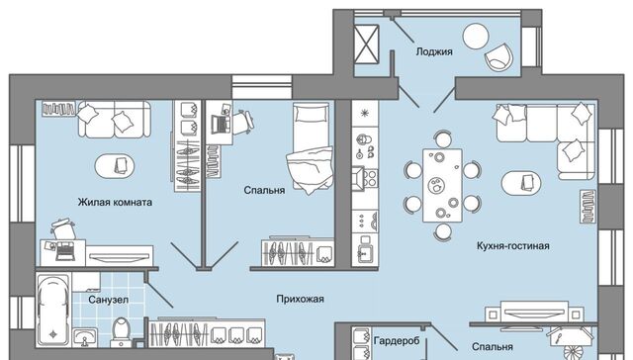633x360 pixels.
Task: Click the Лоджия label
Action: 434,51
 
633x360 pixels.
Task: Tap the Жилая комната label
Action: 115,202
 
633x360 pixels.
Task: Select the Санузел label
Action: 108,300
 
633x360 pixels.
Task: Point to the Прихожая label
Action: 300,299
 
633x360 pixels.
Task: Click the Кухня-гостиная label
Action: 512,246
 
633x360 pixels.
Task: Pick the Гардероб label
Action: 397,341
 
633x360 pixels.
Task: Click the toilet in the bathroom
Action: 121,332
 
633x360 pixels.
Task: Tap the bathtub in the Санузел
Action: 52,310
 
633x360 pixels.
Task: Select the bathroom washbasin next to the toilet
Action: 84,337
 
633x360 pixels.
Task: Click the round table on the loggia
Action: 476,37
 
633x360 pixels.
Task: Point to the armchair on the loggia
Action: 498,57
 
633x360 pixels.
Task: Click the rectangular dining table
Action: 442,185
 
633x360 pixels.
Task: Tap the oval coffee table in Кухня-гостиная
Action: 521,184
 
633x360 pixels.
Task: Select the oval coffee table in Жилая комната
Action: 115,166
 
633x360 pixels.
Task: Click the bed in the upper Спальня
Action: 311,146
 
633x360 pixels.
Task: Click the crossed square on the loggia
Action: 366,44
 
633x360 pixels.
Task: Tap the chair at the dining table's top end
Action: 443,139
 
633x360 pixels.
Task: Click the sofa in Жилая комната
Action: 115,119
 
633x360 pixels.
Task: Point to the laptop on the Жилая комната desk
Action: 63,250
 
